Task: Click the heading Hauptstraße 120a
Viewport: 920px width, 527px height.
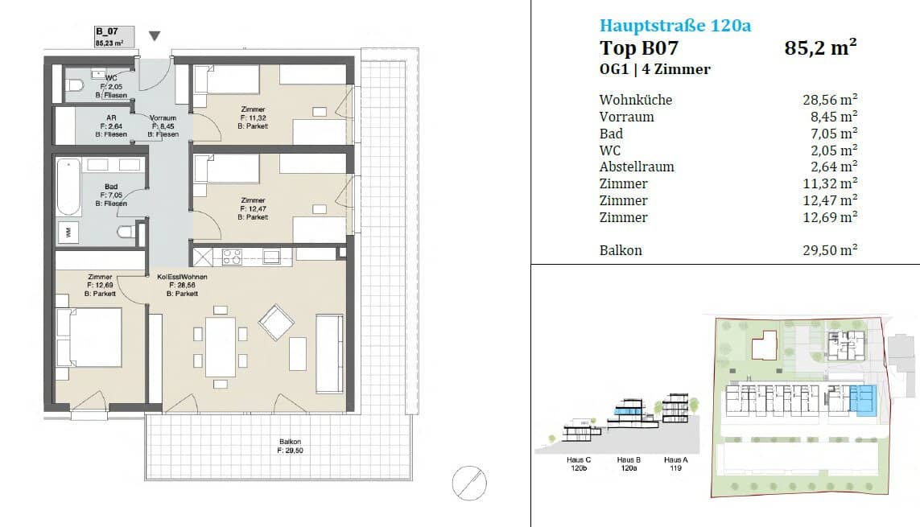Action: pyautogui.click(x=675, y=26)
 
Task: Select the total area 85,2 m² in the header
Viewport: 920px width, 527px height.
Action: pyautogui.click(x=820, y=47)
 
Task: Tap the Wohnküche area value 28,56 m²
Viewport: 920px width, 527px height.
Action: pyautogui.click(x=830, y=100)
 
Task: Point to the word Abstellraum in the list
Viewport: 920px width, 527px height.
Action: pyautogui.click(x=637, y=167)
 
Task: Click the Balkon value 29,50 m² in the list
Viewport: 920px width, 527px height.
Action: pyautogui.click(x=830, y=250)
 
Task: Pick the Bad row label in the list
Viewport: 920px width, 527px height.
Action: pyautogui.click(x=611, y=134)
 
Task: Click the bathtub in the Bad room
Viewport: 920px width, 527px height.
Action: pyautogui.click(x=68, y=187)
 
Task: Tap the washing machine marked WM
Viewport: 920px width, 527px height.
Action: pyautogui.click(x=68, y=233)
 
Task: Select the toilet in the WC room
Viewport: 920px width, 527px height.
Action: pyautogui.click(x=74, y=86)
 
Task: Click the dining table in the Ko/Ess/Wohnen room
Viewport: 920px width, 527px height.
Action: pyautogui.click(x=220, y=347)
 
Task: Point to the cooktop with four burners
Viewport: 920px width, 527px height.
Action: pyautogui.click(x=232, y=257)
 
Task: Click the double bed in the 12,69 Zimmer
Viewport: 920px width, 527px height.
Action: pyautogui.click(x=89, y=337)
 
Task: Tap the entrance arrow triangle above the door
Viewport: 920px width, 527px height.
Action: pyautogui.click(x=155, y=35)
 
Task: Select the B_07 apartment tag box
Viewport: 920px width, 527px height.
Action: pyautogui.click(x=114, y=37)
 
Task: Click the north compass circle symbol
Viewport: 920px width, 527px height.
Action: pyautogui.click(x=469, y=483)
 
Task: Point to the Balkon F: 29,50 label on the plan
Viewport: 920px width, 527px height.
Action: pyautogui.click(x=291, y=446)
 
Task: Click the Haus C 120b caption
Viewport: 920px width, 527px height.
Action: pyautogui.click(x=579, y=463)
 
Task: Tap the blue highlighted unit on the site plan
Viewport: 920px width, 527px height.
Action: pyautogui.click(x=863, y=401)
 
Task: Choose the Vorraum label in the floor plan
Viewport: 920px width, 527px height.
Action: pyautogui.click(x=163, y=117)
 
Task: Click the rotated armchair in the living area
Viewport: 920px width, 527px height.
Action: pyautogui.click(x=276, y=322)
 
